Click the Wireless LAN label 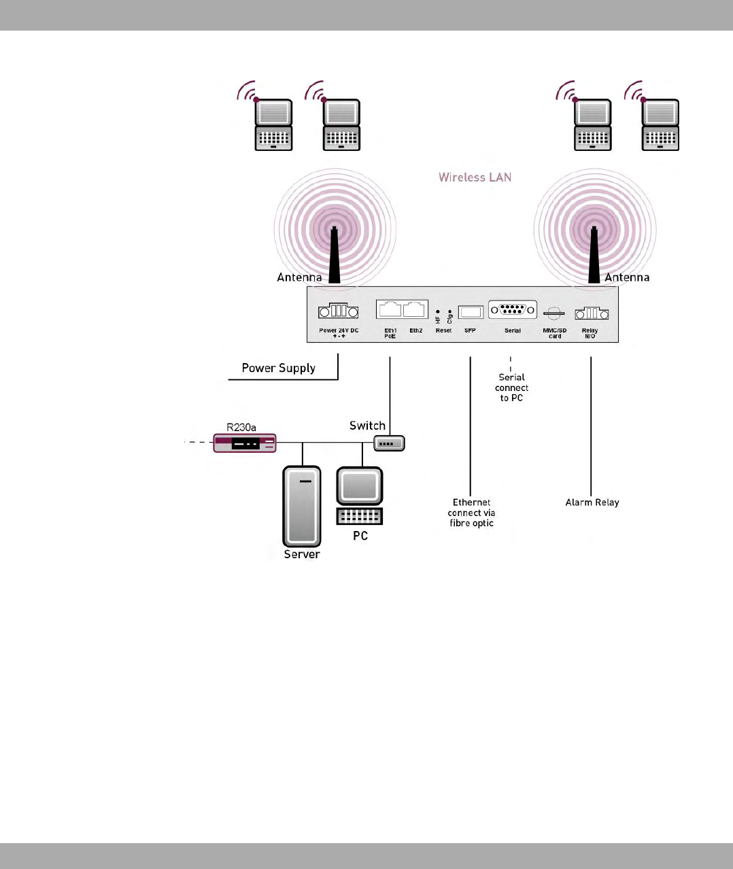(x=475, y=177)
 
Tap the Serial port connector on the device (x=513, y=310)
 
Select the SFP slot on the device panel (x=471, y=312)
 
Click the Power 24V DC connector (x=338, y=311)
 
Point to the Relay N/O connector (x=591, y=313)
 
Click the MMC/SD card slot (x=554, y=313)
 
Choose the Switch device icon (x=389, y=443)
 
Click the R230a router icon (x=245, y=443)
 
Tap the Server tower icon (x=301, y=506)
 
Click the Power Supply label (x=279, y=368)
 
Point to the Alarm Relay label (x=592, y=502)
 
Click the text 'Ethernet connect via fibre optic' (x=471, y=513)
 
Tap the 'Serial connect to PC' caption (x=511, y=388)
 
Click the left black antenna (x=334, y=256)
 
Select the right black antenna (x=594, y=256)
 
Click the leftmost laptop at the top (x=273, y=124)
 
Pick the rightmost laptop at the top (x=660, y=124)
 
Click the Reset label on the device (x=443, y=330)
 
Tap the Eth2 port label (x=415, y=330)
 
